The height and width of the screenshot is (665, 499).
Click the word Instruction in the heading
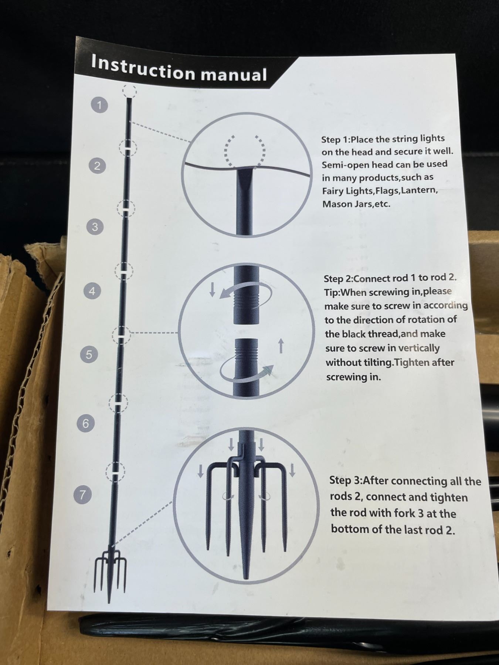(143, 67)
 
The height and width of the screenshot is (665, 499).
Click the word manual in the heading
(234, 74)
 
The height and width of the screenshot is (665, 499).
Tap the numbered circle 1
(99, 105)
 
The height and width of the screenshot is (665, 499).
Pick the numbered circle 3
(95, 226)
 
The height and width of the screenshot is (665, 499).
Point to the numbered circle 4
(92, 291)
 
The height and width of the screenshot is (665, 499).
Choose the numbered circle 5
(89, 355)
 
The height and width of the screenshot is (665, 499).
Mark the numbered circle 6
(86, 423)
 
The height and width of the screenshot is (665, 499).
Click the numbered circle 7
(82, 494)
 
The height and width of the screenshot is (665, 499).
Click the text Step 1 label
(335, 140)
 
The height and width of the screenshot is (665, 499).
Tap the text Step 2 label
(338, 279)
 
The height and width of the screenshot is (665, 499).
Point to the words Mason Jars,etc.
(356, 204)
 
